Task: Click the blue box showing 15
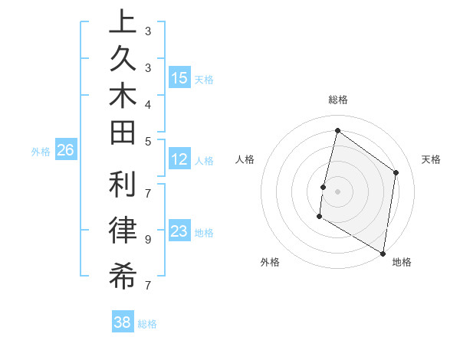click(x=179, y=77)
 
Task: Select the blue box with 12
click(x=179, y=159)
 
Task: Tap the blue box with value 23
click(x=179, y=231)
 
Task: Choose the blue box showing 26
click(x=65, y=150)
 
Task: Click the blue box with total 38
click(x=123, y=322)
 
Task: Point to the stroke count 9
click(x=147, y=239)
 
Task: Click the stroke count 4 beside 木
click(x=147, y=103)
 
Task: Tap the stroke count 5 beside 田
click(x=147, y=141)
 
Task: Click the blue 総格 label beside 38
click(x=147, y=324)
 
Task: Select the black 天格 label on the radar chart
click(x=431, y=159)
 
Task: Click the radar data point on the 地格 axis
click(x=383, y=252)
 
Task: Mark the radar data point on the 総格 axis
click(x=337, y=131)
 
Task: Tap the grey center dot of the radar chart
click(x=337, y=191)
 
